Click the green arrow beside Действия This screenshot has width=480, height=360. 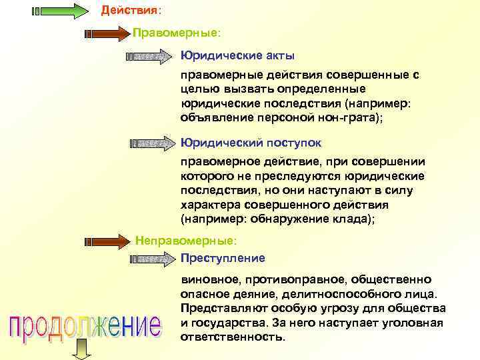tap(59, 11)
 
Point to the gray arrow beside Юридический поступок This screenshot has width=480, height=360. tap(151, 143)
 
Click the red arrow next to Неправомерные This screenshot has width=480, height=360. tap(107, 240)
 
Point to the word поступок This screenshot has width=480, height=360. tap(296, 143)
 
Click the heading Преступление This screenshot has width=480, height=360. tap(223, 258)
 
